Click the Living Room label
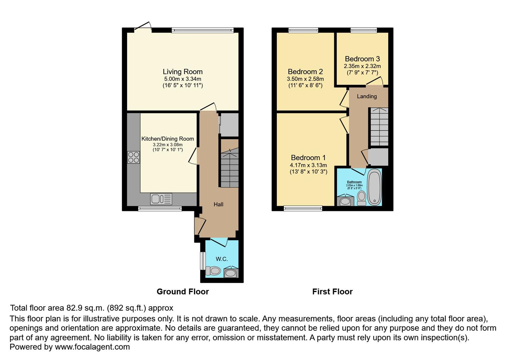tap(182, 72)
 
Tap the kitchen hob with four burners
tap(133, 157)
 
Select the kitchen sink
tap(161, 199)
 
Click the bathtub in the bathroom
tap(374, 187)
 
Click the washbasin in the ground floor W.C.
tap(230, 273)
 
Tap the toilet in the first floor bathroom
tap(361, 198)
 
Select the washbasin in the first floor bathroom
tap(345, 201)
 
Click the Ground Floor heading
tap(182, 292)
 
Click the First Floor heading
tap(332, 292)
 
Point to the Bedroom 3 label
tap(362, 59)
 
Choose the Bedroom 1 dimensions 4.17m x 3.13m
tap(308, 165)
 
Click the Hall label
tap(218, 204)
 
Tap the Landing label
tap(367, 96)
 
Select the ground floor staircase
tap(229, 168)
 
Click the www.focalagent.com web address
tap(92, 347)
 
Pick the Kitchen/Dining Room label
tap(167, 139)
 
